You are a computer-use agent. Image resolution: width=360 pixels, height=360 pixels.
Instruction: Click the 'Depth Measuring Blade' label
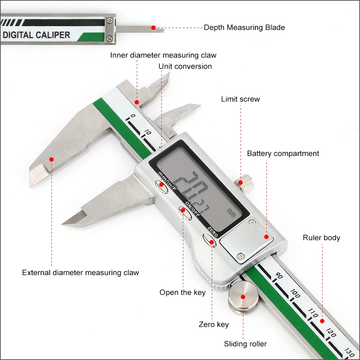click(x=244, y=28)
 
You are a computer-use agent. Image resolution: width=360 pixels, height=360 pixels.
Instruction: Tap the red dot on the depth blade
click(x=153, y=28)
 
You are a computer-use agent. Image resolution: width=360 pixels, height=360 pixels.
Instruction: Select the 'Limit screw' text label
click(x=240, y=99)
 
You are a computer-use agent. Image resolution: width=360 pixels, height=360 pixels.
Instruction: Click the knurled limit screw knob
click(x=244, y=183)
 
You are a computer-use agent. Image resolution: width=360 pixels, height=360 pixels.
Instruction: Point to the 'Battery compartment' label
click(x=283, y=153)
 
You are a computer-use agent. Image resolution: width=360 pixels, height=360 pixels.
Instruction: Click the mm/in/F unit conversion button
click(x=162, y=186)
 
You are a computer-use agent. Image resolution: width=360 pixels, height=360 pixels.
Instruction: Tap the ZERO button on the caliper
click(x=210, y=240)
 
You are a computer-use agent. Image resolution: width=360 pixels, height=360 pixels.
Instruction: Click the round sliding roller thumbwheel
click(x=243, y=297)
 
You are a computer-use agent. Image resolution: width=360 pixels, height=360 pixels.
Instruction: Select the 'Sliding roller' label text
click(x=245, y=344)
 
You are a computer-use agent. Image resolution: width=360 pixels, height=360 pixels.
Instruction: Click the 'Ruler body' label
click(x=321, y=238)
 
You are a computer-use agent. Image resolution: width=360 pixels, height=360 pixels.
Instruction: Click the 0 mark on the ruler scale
click(x=133, y=116)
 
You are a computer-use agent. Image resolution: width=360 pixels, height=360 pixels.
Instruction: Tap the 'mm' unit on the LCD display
click(x=231, y=213)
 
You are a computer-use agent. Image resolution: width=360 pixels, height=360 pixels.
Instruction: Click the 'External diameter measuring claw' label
click(x=80, y=273)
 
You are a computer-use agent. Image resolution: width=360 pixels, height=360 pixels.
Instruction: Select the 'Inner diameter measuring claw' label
click(x=163, y=55)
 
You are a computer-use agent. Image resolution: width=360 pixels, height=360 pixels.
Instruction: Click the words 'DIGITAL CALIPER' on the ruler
click(x=36, y=35)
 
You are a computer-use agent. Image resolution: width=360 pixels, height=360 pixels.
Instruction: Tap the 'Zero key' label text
click(x=214, y=324)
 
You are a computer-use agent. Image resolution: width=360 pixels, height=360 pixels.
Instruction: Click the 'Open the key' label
click(x=183, y=292)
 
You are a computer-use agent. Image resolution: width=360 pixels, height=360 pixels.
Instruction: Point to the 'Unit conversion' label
click(x=185, y=66)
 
